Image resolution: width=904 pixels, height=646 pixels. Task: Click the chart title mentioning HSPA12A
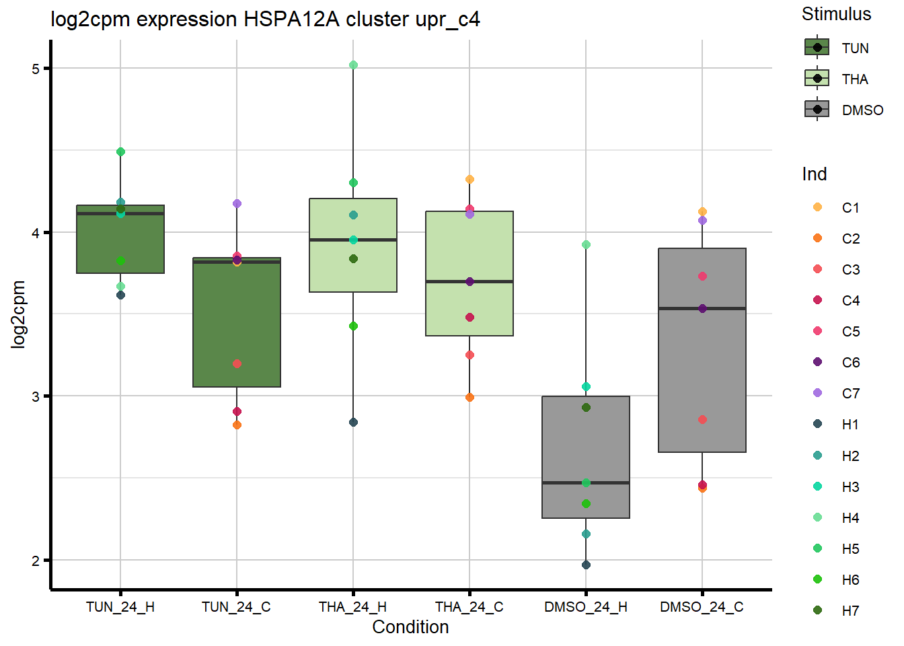[x=265, y=20]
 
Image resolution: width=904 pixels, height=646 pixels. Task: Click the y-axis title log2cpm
[x=18, y=314]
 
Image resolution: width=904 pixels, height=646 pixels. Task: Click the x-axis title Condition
[x=410, y=627]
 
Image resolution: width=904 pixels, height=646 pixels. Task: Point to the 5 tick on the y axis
[x=36, y=69]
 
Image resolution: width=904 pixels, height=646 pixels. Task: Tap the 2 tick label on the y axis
[x=36, y=561]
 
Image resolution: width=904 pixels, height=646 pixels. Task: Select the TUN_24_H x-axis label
[x=120, y=607]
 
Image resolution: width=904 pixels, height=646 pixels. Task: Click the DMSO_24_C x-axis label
[x=702, y=607]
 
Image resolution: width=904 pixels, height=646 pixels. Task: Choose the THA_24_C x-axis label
[x=469, y=607]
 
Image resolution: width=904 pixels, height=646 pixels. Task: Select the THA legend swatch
[x=817, y=79]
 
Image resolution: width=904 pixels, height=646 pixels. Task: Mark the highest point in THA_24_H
[x=353, y=65]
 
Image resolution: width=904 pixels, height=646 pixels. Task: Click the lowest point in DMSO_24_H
[x=586, y=565]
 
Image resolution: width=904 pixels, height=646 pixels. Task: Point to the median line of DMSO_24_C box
[x=702, y=308]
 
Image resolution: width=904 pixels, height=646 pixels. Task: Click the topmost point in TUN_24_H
[x=120, y=152]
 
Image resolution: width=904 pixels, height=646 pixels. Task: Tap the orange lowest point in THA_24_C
[x=469, y=398]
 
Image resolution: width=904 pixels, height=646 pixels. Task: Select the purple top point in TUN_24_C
[x=237, y=203]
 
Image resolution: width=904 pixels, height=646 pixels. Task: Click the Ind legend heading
[x=814, y=174]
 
